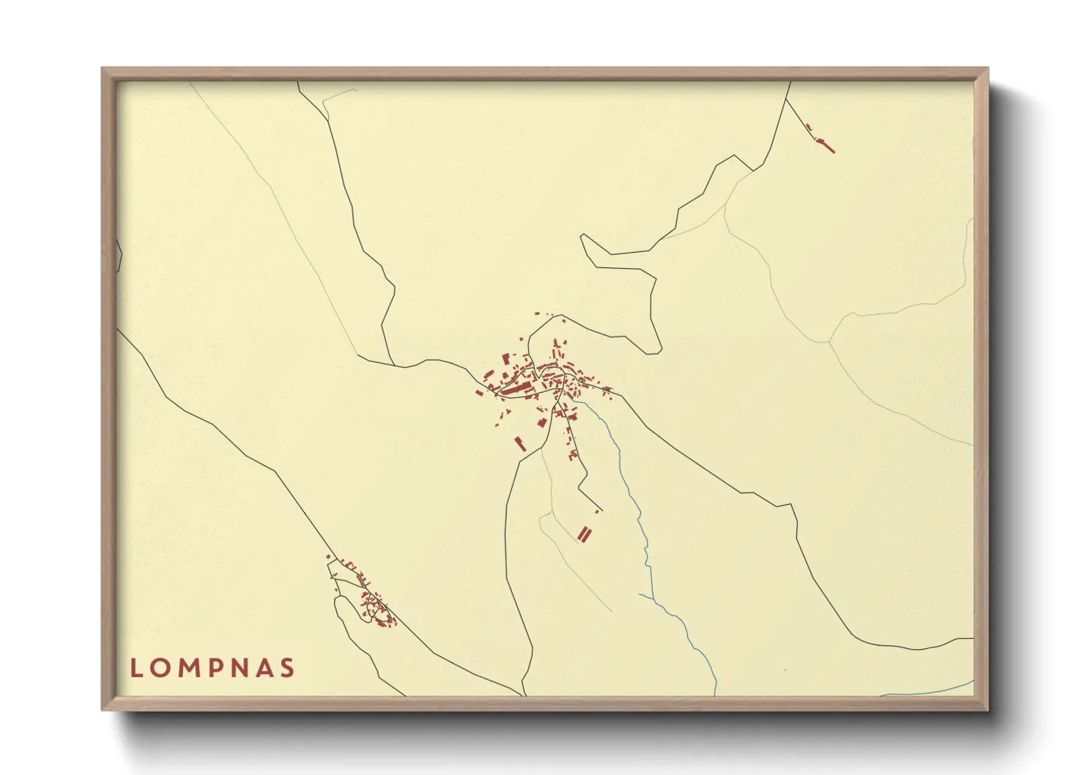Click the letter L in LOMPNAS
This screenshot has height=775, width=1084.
pos(135,668)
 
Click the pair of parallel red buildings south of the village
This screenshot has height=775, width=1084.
pos(584,534)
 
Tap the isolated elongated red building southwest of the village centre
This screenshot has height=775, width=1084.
pos(521,444)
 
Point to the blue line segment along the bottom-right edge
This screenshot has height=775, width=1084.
pos(930,691)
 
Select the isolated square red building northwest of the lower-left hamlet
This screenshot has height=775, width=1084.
pos(327,557)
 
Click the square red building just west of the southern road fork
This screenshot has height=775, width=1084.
pos(542,423)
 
